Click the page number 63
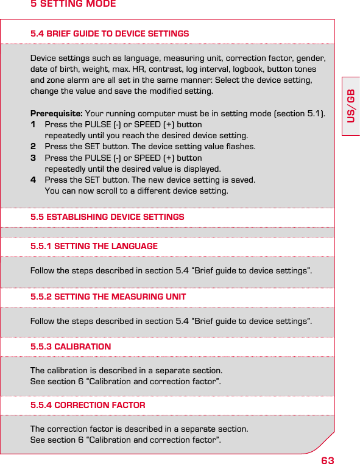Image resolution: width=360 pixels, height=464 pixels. [327, 458]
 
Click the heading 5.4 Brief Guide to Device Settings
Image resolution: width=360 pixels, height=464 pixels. [110, 33]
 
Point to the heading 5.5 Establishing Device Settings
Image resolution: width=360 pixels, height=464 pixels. [107, 217]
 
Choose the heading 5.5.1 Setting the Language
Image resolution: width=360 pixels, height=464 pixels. [94, 247]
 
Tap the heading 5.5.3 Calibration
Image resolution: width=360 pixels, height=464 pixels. [71, 347]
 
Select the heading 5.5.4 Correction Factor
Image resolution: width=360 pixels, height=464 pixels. [88, 405]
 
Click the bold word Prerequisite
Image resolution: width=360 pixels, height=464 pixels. [57, 114]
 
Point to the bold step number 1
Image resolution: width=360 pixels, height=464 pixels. [34, 125]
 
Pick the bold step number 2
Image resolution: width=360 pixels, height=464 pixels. [34, 147]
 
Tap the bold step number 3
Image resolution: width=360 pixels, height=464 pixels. [34, 158]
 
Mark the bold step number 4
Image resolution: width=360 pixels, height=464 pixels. [34, 180]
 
